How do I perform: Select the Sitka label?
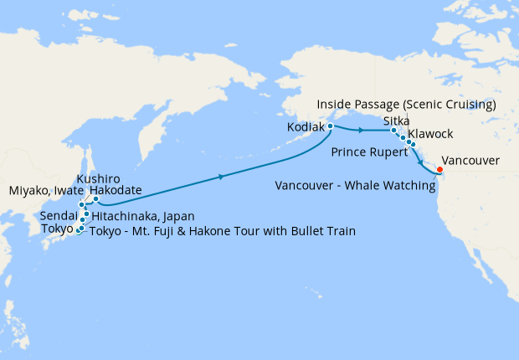pyautogui.click(x=397, y=121)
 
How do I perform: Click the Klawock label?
pyautogui.click(x=430, y=134)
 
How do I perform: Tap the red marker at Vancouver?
pyautogui.click(x=440, y=172)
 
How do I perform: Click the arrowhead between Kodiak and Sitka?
pyautogui.click(x=360, y=131)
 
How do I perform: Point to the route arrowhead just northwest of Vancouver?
pyautogui.click(x=419, y=154)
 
